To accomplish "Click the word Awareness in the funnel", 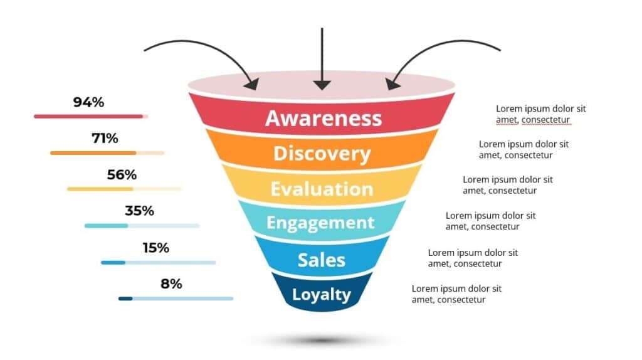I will click(x=323, y=118).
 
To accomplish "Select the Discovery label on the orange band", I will click(x=322, y=154).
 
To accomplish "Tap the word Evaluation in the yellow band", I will click(x=322, y=189).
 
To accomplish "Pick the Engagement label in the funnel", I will click(x=320, y=223).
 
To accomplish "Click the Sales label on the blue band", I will click(x=321, y=259).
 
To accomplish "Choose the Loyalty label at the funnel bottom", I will click(x=321, y=294).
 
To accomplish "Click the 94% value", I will click(x=88, y=102).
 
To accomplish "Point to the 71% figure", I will click(x=105, y=138).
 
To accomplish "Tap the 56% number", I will click(x=122, y=175).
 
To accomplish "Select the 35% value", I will click(x=139, y=211).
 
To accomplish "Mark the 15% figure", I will click(x=155, y=248).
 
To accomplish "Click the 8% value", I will click(x=171, y=283).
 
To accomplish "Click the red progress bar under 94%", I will click(x=88, y=116).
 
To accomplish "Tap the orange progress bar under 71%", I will click(x=93, y=152).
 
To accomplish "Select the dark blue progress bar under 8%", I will click(x=125, y=299).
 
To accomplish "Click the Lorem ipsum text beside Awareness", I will click(x=540, y=114).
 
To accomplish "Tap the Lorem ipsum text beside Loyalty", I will click(x=456, y=294).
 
